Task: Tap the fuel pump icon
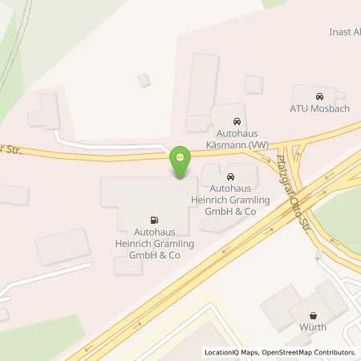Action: [x=152, y=219]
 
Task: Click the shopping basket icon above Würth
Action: [x=313, y=317]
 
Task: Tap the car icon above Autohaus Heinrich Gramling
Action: [x=230, y=177]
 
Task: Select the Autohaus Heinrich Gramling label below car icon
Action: [x=230, y=201]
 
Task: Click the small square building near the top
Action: [x=144, y=79]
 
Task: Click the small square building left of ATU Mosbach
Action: [x=254, y=84]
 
